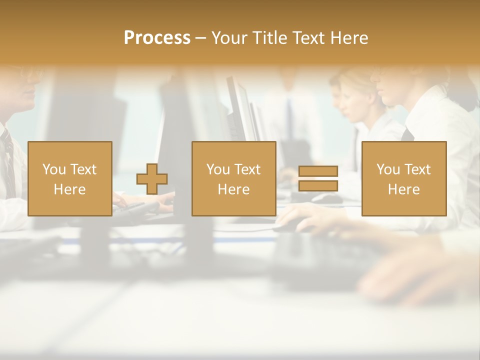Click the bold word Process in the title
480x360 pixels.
(x=157, y=38)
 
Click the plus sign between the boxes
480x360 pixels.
(x=152, y=178)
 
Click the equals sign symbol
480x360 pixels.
(x=318, y=178)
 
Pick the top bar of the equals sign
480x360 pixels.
(x=318, y=171)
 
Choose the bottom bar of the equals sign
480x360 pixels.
(x=318, y=186)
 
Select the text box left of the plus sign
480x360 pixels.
(x=69, y=178)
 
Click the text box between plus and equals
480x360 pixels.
(x=233, y=178)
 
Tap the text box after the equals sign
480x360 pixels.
(x=403, y=178)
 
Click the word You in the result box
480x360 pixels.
(x=388, y=169)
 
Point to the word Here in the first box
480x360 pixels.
(x=69, y=189)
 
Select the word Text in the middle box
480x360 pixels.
(x=248, y=169)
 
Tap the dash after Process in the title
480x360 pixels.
(x=200, y=38)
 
